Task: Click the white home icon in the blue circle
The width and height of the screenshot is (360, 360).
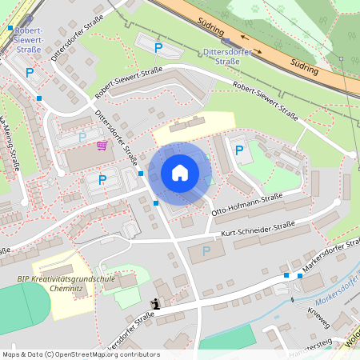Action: pyautogui.click(x=180, y=173)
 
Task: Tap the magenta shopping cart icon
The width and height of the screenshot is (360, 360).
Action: pyautogui.click(x=102, y=145)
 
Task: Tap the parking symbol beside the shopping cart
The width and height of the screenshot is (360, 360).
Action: pyautogui.click(x=82, y=137)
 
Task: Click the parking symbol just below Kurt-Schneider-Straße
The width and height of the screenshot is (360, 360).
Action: pyautogui.click(x=206, y=250)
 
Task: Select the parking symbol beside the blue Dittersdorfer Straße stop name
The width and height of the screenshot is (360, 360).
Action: pyautogui.click(x=158, y=48)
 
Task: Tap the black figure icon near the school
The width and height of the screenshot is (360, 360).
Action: pyautogui.click(x=154, y=304)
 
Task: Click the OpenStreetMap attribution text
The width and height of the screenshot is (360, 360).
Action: pyautogui.click(x=80, y=354)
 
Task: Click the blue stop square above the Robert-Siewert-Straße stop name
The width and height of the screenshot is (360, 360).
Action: pyautogui.click(x=10, y=28)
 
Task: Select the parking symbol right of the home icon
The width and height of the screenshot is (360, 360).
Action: pyautogui.click(x=238, y=150)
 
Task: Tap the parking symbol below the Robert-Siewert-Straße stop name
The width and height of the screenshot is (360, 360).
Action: pyautogui.click(x=30, y=73)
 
